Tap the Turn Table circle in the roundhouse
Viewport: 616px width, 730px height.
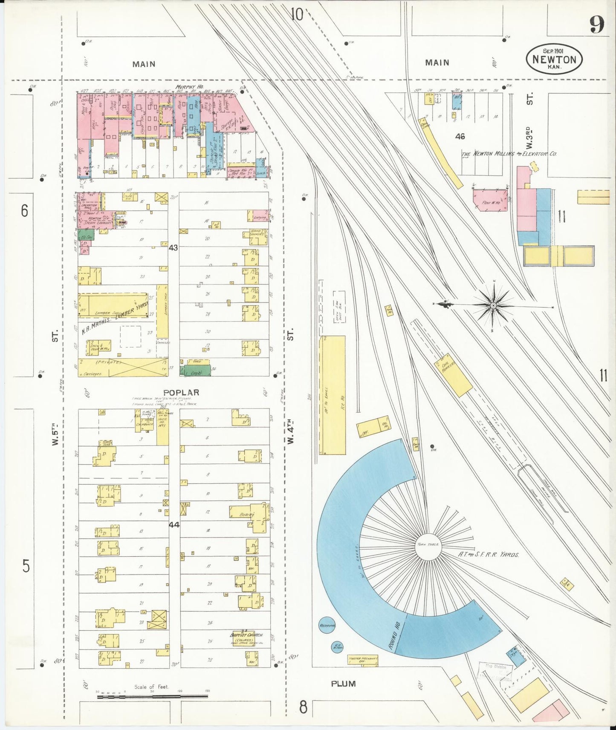pos(428,545)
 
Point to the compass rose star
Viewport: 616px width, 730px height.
pos(493,305)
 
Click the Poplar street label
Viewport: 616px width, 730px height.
pos(181,393)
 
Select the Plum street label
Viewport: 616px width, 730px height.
pos(343,684)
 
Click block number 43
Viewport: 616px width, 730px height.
pos(173,247)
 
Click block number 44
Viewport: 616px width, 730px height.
pos(174,525)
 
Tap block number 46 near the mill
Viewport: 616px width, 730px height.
pos(460,136)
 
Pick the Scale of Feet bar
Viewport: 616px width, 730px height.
pos(152,697)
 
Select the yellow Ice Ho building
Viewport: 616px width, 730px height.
pos(333,395)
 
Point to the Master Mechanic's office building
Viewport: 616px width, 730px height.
pos(362,660)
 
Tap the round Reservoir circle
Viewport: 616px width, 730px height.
pos(327,625)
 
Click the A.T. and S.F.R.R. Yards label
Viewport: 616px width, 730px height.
pos(489,555)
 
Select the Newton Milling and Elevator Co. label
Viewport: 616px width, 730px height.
pos(509,154)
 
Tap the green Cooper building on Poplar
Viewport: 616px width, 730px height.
pos(195,371)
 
